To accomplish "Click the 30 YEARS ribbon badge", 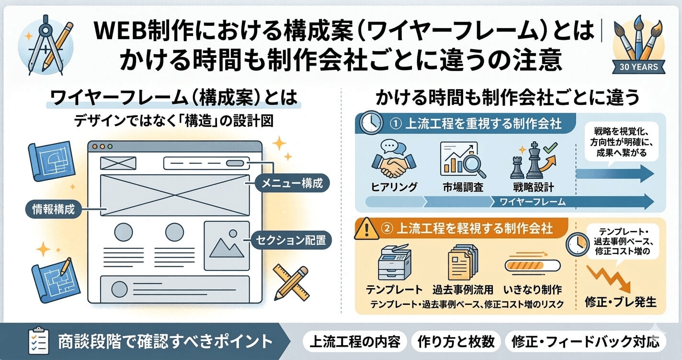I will click(639, 67).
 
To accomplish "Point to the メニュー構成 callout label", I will click(292, 183).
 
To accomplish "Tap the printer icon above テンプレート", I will click(394, 263).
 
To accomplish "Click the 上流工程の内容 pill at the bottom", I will click(355, 342).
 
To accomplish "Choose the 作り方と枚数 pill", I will click(455, 342).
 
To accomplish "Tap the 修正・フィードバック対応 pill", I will click(585, 342).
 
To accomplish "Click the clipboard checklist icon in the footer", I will click(37, 341).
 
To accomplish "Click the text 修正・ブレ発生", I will click(620, 303).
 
